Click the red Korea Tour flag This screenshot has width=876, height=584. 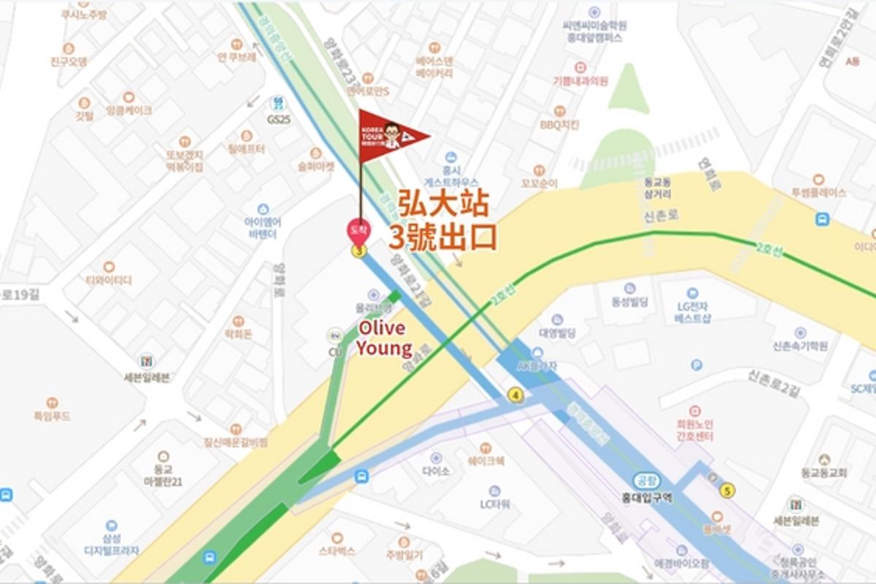coord(391,135)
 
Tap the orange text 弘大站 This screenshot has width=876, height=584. coord(442,203)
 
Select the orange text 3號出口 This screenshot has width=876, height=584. coord(442,237)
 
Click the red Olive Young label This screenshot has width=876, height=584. coord(384,338)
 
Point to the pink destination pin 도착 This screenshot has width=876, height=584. coord(358,231)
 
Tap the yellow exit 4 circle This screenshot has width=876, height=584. coord(516,395)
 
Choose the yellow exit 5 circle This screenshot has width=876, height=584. coord(726,490)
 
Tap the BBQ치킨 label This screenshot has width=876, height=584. coord(558,124)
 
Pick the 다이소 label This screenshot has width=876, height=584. coord(436,471)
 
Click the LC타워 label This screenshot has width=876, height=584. coord(494,504)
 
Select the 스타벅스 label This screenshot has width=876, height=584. coord(337,551)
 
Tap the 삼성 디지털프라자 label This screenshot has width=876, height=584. coord(111,545)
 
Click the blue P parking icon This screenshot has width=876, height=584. coord(696,364)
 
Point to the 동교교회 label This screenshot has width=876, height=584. coord(823,472)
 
